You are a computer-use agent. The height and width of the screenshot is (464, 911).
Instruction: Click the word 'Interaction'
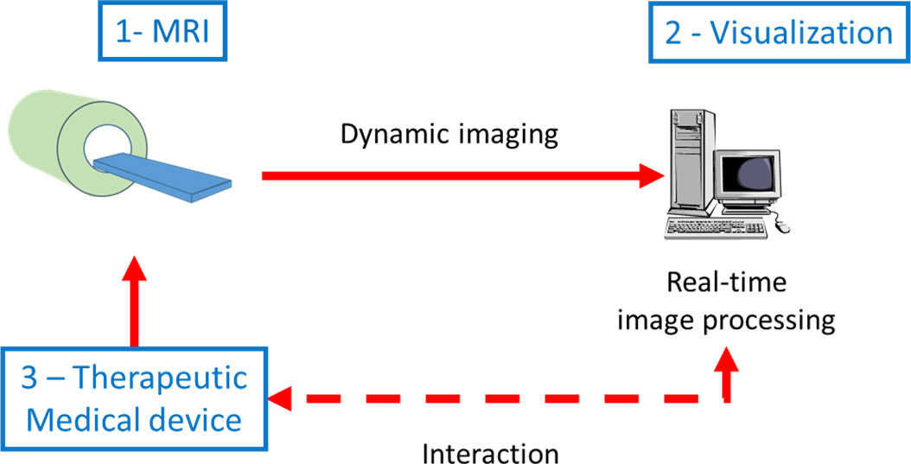[x=491, y=453]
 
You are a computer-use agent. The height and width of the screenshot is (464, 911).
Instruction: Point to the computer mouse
[x=782, y=226]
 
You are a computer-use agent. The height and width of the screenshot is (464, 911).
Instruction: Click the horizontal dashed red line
[x=501, y=400]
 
